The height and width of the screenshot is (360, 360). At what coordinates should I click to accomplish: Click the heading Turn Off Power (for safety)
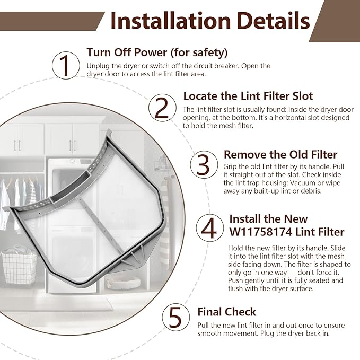(x=157, y=52)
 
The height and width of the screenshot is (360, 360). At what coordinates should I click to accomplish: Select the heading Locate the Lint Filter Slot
(x=248, y=96)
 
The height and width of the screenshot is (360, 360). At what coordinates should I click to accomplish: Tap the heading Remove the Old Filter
(x=280, y=154)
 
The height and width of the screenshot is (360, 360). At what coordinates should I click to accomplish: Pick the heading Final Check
(x=226, y=311)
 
